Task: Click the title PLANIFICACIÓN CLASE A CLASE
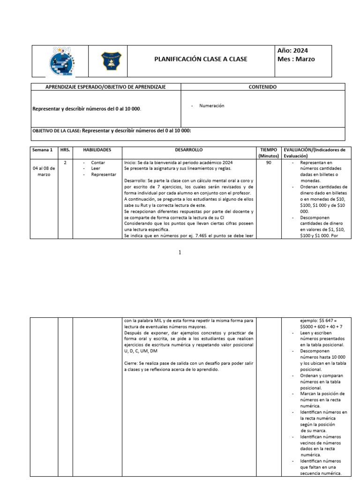(201, 59)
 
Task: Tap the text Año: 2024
(293, 51)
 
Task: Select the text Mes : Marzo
(296, 59)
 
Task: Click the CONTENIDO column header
(262, 87)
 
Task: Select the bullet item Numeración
(211, 106)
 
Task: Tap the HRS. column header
(65, 150)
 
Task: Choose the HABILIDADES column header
(97, 150)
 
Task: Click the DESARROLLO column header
(189, 150)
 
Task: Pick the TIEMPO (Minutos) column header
(268, 153)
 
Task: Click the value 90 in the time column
(268, 163)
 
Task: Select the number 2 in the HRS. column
(65, 163)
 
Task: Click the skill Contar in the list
(98, 163)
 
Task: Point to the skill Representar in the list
(103, 174)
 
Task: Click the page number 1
(180, 253)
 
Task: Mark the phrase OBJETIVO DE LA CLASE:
(56, 131)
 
